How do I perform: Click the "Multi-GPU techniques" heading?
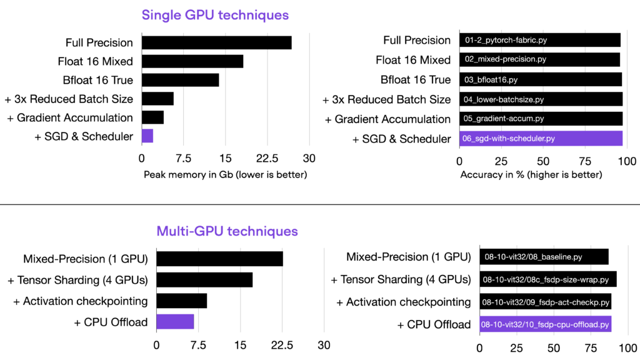pos(226,231)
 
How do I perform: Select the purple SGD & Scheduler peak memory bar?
pos(147,136)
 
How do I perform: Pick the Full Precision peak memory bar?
pos(216,42)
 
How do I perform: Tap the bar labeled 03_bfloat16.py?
pos(541,79)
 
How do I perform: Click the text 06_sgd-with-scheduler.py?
pos(509,139)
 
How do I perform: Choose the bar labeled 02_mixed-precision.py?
pos(539,60)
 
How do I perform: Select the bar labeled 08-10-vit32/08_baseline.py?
pos(544,257)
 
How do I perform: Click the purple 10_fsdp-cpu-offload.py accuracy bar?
pos(545,324)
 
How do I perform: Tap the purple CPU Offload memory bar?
pos(175,322)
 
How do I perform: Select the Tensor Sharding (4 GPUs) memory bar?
pos(204,279)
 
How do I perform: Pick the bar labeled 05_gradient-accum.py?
pos(541,119)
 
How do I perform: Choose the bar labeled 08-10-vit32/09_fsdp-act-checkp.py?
pos(545,302)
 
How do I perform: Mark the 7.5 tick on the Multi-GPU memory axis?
pos(198,345)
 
